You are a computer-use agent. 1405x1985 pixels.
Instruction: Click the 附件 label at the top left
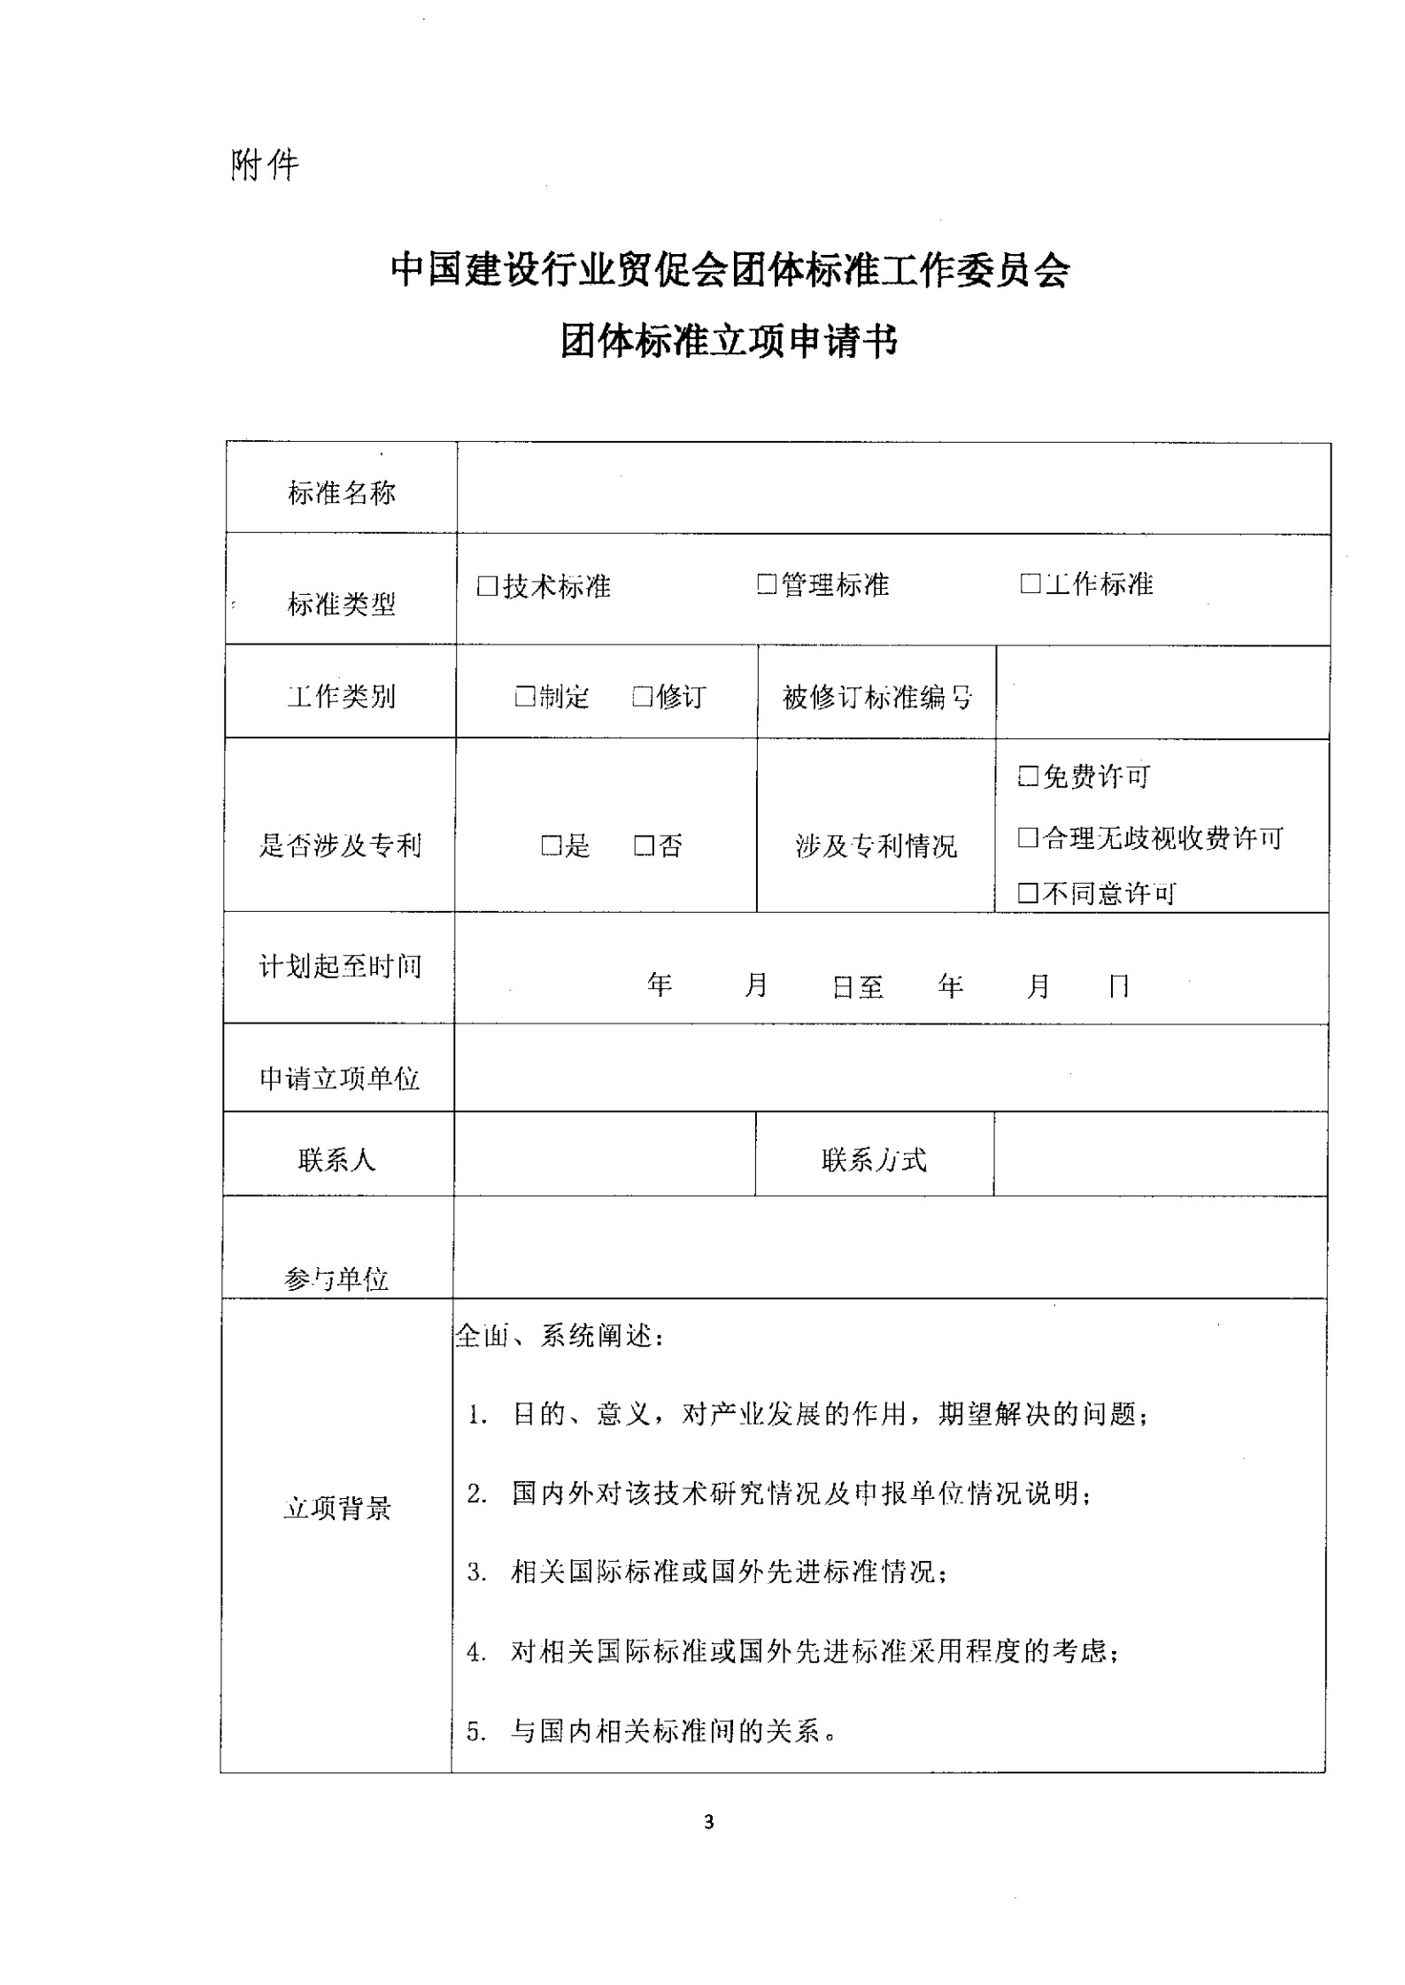point(265,165)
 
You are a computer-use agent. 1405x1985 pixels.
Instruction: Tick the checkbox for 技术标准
point(487,586)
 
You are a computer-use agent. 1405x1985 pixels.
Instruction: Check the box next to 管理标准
point(767,584)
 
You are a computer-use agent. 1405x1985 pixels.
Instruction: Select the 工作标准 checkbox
point(1030,583)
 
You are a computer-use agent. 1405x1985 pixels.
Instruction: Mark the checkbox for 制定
point(525,697)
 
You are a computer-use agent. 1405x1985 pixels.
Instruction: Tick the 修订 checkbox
point(643,697)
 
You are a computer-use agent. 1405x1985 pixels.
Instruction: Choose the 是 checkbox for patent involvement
point(552,846)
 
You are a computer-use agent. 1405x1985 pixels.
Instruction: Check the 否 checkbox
point(644,846)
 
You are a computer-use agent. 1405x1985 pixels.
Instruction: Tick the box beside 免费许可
point(1028,776)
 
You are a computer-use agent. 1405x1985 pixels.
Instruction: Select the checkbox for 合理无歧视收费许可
point(1028,838)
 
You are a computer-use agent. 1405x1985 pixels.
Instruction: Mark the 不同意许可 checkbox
point(1028,892)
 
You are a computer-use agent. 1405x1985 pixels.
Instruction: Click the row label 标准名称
point(342,493)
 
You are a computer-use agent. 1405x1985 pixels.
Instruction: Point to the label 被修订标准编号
point(877,698)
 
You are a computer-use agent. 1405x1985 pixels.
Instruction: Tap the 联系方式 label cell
point(875,1159)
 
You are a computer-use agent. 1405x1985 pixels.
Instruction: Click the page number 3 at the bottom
point(708,1822)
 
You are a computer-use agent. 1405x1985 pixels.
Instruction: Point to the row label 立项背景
point(337,1508)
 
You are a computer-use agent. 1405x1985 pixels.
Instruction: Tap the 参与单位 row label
point(337,1278)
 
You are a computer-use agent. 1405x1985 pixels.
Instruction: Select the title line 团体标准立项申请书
point(730,342)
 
